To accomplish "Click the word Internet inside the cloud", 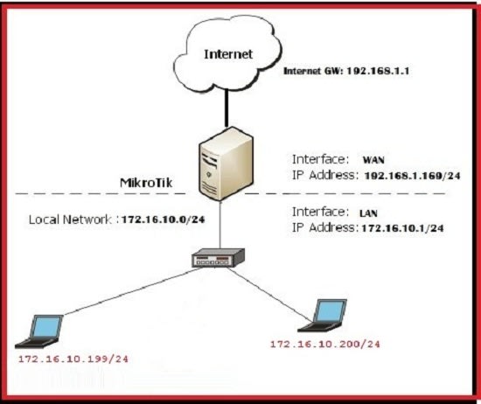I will (229, 54).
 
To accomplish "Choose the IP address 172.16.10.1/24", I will (404, 227).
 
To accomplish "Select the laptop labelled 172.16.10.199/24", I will (46, 329).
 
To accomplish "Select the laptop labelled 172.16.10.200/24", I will (328, 314).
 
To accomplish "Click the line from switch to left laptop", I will (131, 294).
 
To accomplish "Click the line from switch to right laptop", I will (280, 285).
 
